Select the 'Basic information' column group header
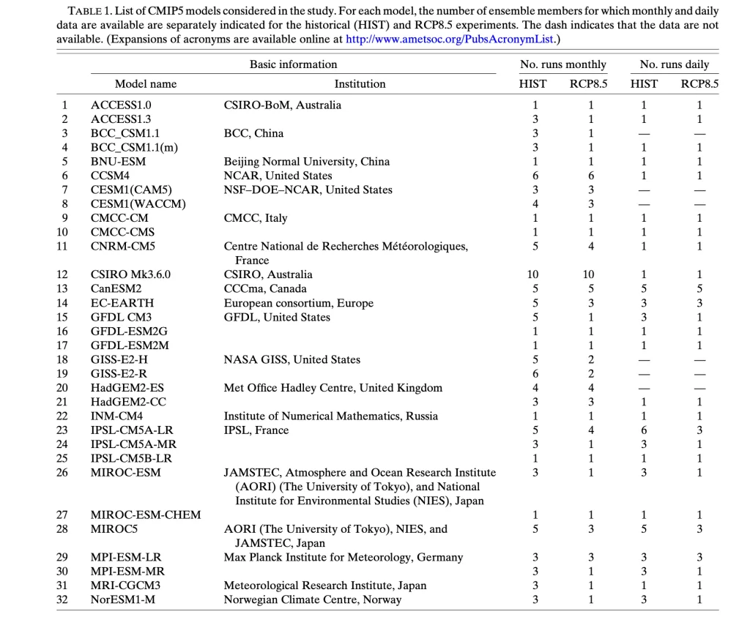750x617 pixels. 293,64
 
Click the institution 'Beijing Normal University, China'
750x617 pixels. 306,161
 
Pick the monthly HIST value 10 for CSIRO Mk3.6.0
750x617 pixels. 532,274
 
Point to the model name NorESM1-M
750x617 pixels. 122,599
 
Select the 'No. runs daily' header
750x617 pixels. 675,64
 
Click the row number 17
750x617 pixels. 62,345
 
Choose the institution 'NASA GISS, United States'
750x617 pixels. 292,359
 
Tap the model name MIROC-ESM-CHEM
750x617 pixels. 145,515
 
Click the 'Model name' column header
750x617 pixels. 146,84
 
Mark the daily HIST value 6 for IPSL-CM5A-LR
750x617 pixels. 645,430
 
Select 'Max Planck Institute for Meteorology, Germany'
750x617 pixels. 343,557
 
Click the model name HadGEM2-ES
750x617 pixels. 127,387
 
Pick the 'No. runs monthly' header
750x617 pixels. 562,64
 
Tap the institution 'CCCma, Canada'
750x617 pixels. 265,288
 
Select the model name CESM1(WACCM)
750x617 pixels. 138,203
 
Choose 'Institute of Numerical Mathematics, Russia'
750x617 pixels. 330,416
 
